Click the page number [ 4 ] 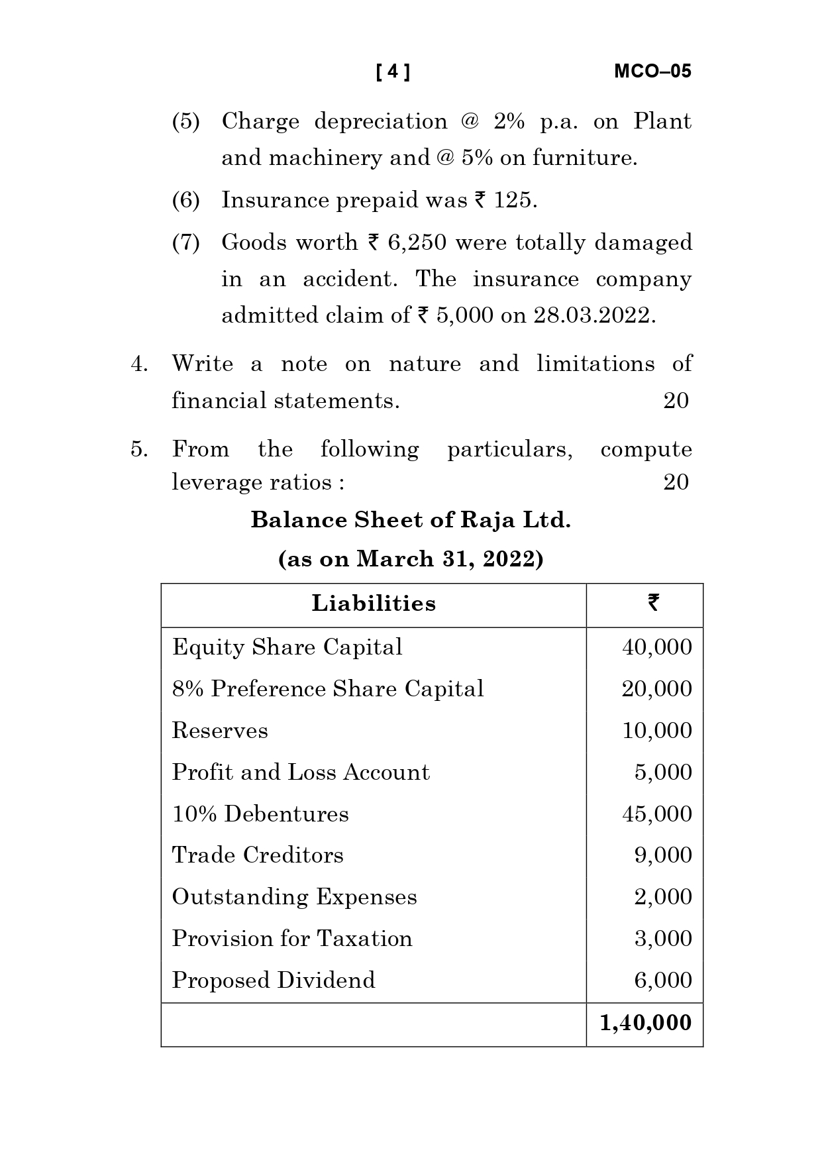click(393, 72)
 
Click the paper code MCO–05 click(652, 72)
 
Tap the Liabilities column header click(374, 604)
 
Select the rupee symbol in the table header click(653, 603)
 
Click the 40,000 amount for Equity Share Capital click(656, 647)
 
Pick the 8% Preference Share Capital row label click(328, 689)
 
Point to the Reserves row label click(220, 731)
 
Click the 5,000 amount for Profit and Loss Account click(662, 772)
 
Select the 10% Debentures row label click(260, 814)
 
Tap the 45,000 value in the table click(656, 814)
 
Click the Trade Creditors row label click(258, 855)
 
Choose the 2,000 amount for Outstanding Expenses click(662, 897)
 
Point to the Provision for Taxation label click(292, 939)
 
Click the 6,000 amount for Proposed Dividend click(662, 980)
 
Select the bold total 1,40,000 click(645, 1023)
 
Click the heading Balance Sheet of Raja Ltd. click(411, 520)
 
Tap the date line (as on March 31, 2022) click(411, 559)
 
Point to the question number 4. click(139, 364)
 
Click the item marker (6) click(186, 200)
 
